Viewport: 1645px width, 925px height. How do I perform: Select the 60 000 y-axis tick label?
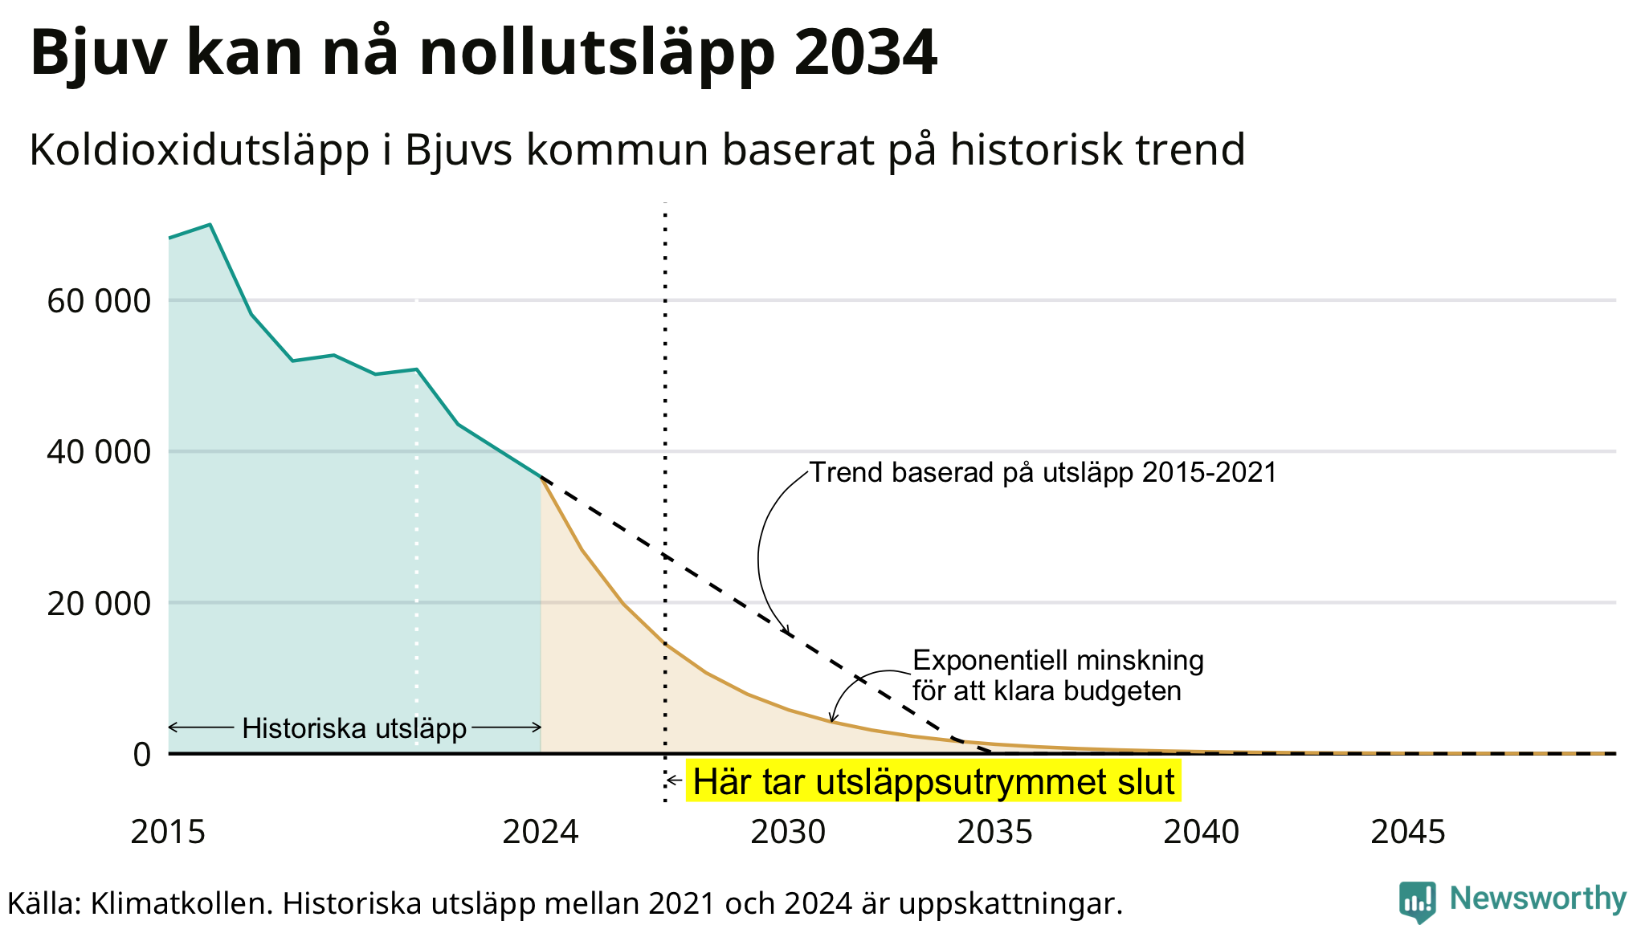tap(99, 301)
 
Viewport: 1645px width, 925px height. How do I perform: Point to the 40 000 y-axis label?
tap(99, 452)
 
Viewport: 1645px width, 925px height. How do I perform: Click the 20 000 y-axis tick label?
tap(99, 603)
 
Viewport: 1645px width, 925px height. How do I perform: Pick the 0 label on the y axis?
tap(141, 754)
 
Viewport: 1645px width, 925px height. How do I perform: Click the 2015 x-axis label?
tap(169, 833)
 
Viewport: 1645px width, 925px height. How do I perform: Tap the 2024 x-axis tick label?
tap(541, 833)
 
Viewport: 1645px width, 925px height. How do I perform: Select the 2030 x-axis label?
tap(789, 833)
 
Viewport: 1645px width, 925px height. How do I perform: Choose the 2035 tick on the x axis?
tap(995, 833)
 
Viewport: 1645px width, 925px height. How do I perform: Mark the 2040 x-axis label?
tap(1202, 833)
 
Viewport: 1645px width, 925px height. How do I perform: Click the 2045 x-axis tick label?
tap(1408, 833)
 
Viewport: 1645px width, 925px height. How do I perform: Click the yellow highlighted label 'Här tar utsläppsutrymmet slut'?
tap(933, 781)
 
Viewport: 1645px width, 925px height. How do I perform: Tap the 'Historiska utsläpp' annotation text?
tap(354, 728)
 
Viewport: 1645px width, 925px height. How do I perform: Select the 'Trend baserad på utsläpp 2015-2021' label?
tap(1043, 472)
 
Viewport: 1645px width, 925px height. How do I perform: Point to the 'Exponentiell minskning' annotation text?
tap(1059, 661)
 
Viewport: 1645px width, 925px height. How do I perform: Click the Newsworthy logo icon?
tap(1417, 901)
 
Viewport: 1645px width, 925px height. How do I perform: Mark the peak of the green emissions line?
tap(210, 225)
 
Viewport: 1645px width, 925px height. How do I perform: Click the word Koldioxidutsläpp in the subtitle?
tap(199, 150)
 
